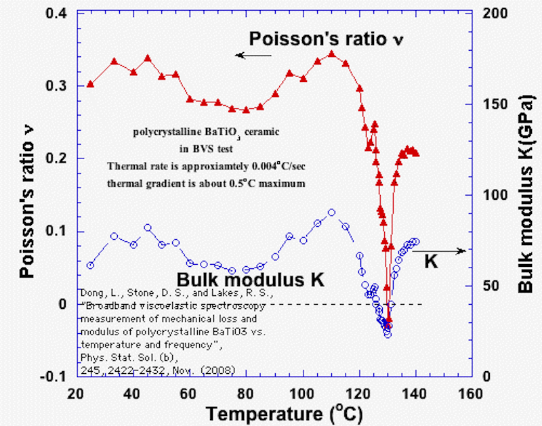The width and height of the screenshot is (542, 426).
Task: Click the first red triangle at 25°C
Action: pyautogui.click(x=90, y=84)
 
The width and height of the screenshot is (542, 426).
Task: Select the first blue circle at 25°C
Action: pyautogui.click(x=90, y=265)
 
